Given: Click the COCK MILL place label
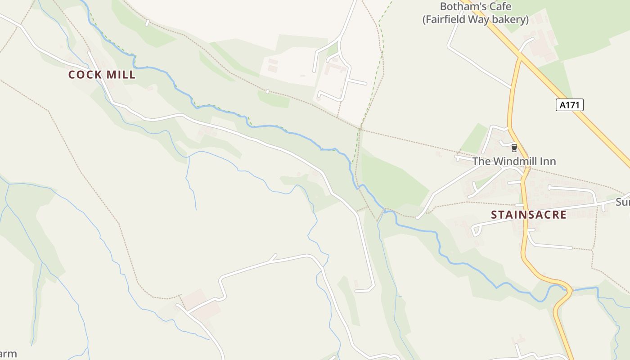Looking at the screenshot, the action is [x=102, y=75].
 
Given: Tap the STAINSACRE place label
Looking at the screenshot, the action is [x=528, y=215].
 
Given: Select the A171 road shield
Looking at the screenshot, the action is [x=570, y=105].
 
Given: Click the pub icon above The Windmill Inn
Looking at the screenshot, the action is [x=514, y=148].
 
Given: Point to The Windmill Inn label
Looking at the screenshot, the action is [x=514, y=161].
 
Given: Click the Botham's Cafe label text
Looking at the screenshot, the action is [x=475, y=7].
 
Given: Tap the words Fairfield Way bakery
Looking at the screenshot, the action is [x=475, y=20].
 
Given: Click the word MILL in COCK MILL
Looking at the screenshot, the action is [x=120, y=75].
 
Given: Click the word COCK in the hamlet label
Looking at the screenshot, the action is [x=84, y=75].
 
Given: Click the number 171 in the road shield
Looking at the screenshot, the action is [x=572, y=105].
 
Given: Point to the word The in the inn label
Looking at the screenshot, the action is [x=481, y=161].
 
